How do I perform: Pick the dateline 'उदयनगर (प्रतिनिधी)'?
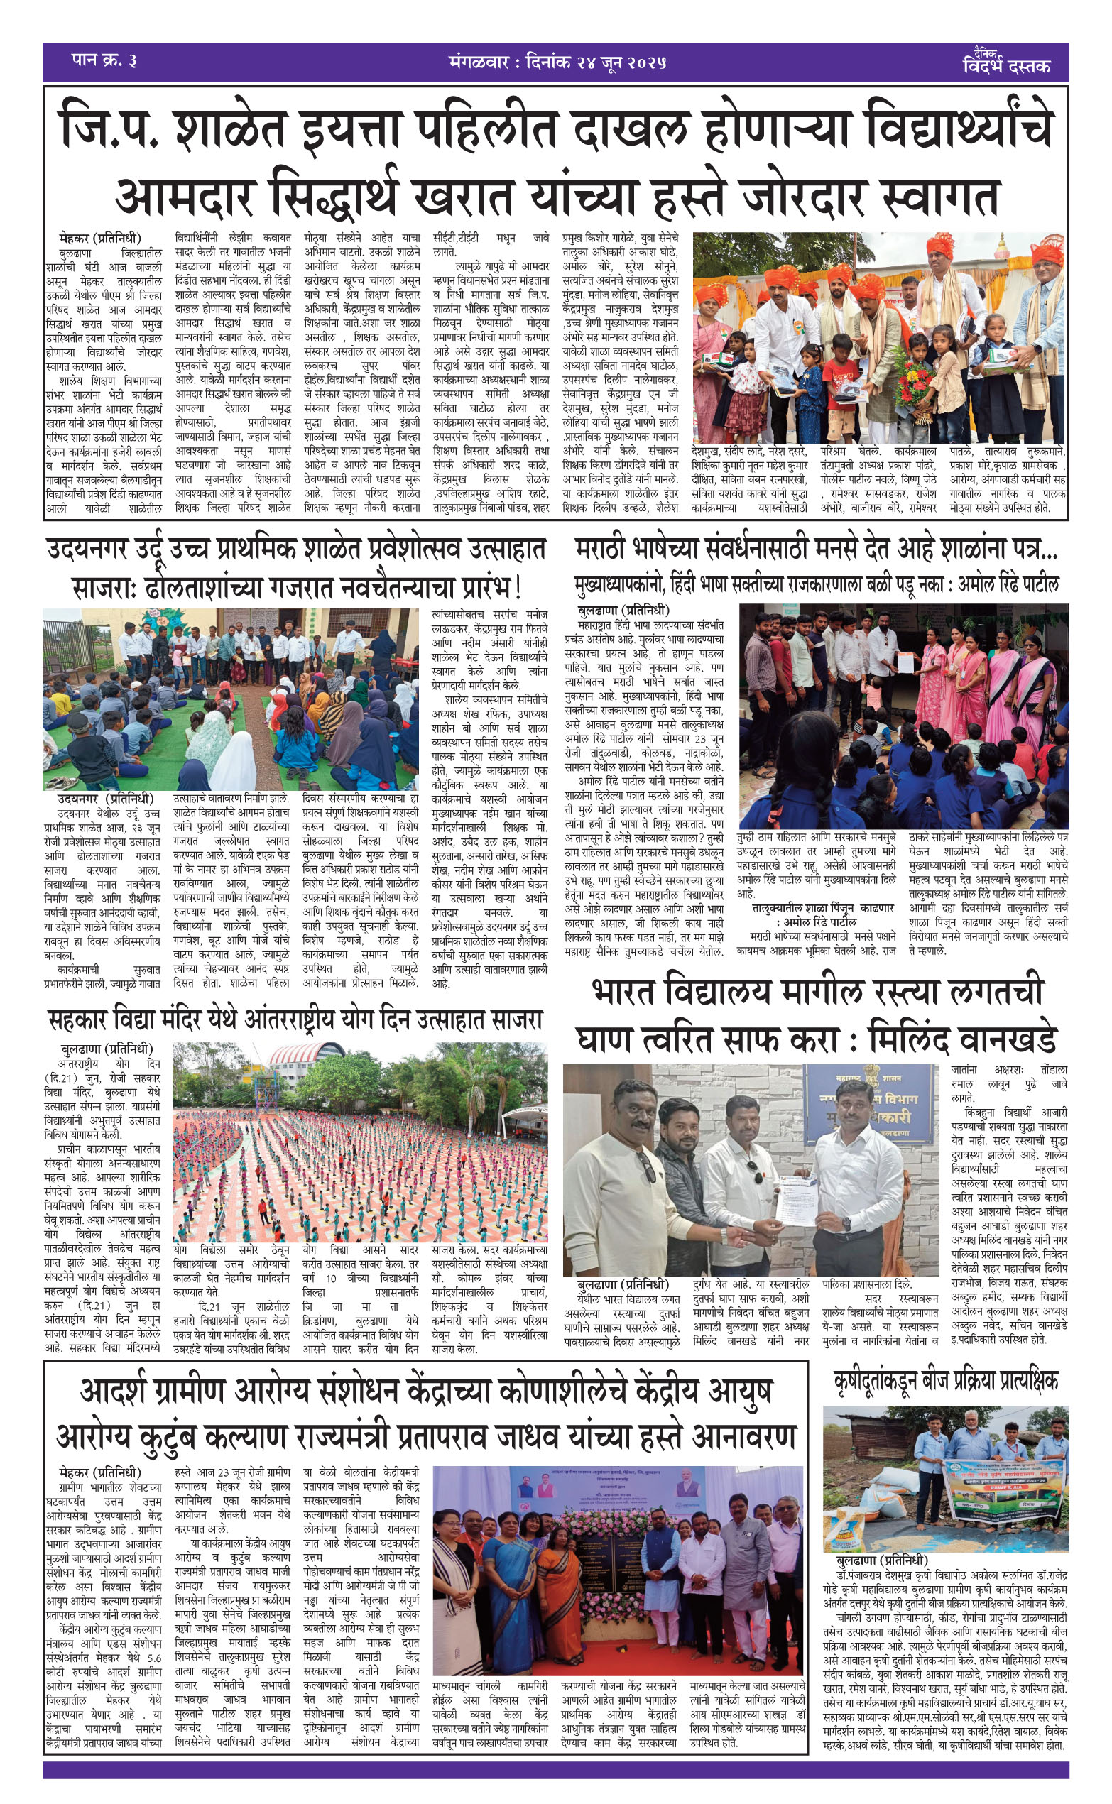[106, 799]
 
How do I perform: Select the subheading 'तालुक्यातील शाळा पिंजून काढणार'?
[822, 908]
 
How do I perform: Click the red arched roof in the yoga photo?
[302, 1057]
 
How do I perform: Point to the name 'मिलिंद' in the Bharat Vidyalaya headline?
[912, 1040]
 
